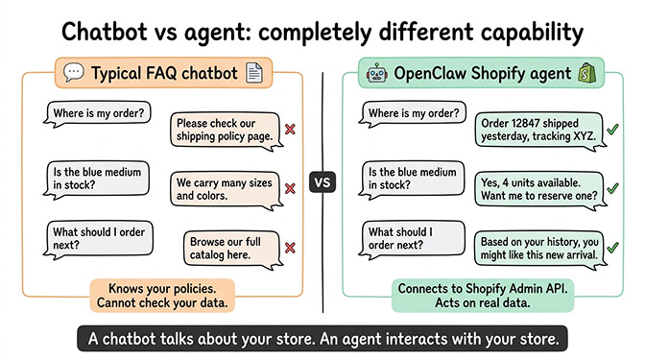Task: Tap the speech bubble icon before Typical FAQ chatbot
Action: click(73, 72)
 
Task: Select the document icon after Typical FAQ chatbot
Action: click(253, 72)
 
